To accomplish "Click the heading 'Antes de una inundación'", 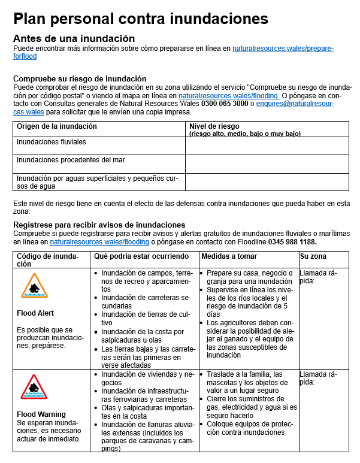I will (74, 38).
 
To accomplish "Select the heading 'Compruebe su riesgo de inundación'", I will (80, 78).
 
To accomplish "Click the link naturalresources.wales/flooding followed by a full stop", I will (229, 95).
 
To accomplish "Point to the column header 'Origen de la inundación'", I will (57, 126).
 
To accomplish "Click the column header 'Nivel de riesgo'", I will (214, 126).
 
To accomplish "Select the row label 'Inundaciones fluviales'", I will (52, 142).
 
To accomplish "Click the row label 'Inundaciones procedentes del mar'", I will (71, 160).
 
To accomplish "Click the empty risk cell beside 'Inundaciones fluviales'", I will (267, 146).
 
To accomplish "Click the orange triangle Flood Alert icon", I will (34, 286).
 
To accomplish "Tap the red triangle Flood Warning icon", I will (34, 387).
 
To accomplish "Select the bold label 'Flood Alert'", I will (35, 313).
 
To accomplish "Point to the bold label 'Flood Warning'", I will (41, 414).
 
